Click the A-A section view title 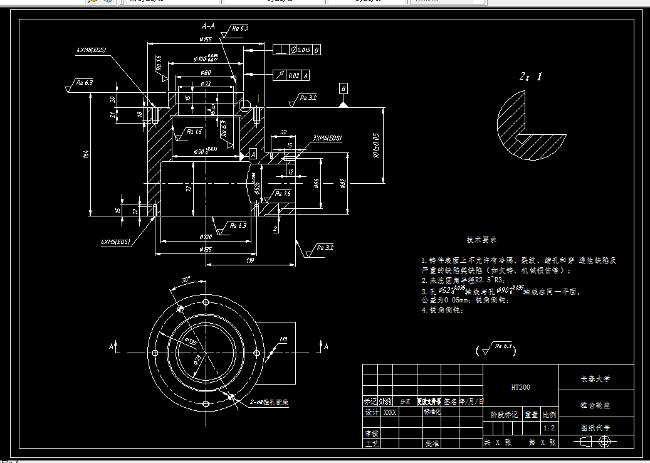(x=208, y=27)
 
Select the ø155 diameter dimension (x=206, y=40)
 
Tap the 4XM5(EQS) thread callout (x=115, y=241)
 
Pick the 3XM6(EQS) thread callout (x=327, y=138)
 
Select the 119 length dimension (x=250, y=259)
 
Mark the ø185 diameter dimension (x=206, y=250)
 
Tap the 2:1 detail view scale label (x=530, y=77)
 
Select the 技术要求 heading (x=481, y=240)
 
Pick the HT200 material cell (x=520, y=387)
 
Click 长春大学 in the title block (x=595, y=379)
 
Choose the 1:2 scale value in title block (x=549, y=428)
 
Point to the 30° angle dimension (x=186, y=279)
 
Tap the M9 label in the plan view (x=283, y=339)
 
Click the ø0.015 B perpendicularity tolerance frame (x=298, y=49)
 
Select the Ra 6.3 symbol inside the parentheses (x=500, y=347)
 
